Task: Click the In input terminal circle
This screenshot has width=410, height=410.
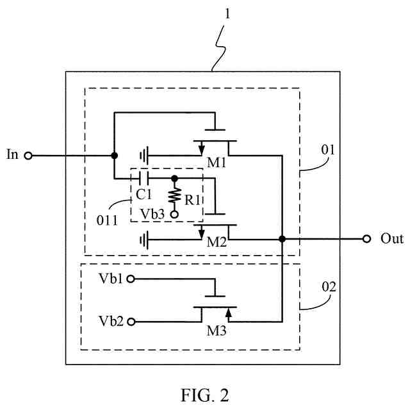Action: point(28,156)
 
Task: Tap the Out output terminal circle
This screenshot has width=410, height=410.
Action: point(366,239)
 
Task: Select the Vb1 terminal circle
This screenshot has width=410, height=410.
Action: point(131,279)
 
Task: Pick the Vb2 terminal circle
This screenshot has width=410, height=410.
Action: point(131,322)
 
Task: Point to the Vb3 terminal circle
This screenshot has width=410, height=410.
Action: point(174,215)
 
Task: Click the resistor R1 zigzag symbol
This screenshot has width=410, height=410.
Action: point(174,195)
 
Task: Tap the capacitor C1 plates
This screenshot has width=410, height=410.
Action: point(144,179)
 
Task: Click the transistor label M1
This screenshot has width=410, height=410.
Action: point(217,163)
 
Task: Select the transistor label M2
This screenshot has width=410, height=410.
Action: point(217,242)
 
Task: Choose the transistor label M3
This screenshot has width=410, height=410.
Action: point(217,331)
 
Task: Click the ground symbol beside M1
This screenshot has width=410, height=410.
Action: point(144,156)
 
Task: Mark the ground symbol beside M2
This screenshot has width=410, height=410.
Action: point(144,240)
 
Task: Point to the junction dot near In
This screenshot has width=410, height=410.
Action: point(114,156)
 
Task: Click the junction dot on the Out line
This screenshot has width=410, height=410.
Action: point(282,239)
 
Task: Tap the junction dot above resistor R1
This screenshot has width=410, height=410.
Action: point(174,179)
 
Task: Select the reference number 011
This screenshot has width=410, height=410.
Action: point(107,220)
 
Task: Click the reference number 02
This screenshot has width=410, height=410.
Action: point(329,287)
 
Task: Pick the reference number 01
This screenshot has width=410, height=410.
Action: point(328,150)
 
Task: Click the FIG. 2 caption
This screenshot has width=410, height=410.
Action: point(205,395)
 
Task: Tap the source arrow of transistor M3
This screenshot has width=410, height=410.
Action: point(229,313)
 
